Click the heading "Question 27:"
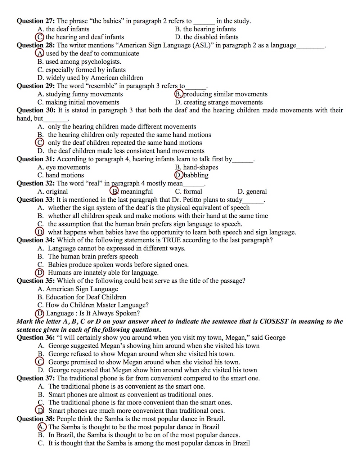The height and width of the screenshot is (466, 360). coord(36,21)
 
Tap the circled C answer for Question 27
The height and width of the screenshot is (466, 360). coord(40,37)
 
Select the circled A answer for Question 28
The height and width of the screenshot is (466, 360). coord(40,53)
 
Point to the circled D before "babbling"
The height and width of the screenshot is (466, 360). coord(179,175)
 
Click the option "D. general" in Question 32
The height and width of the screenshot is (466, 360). coord(252,192)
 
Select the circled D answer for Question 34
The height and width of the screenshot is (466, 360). coord(40,273)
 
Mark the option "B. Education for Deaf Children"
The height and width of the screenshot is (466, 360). coord(82,297)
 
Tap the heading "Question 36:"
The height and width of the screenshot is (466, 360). coord(36,337)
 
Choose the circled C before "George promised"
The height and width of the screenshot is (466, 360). coord(40,362)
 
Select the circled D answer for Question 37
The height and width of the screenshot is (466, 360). coord(40,411)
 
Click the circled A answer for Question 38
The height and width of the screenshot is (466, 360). coord(42,427)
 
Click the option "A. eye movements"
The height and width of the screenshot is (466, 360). coord(64,167)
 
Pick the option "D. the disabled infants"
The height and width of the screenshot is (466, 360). coord(207,37)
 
